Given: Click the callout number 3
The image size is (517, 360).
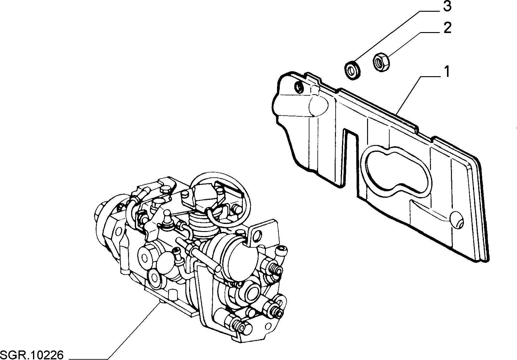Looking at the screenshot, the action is pos(447,6).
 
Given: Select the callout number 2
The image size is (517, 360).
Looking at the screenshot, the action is pos(447,28).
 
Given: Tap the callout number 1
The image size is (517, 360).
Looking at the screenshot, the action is pos(447,72).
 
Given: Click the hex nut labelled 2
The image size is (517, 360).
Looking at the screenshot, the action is pos(381,62).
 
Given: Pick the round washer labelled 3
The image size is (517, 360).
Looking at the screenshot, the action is pos(353,70).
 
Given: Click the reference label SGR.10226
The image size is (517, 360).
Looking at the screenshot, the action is pos(32,355).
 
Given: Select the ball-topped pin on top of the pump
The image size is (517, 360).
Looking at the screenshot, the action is pos(167,217).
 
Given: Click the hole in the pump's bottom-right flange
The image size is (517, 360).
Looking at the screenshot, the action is pos(268,326).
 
